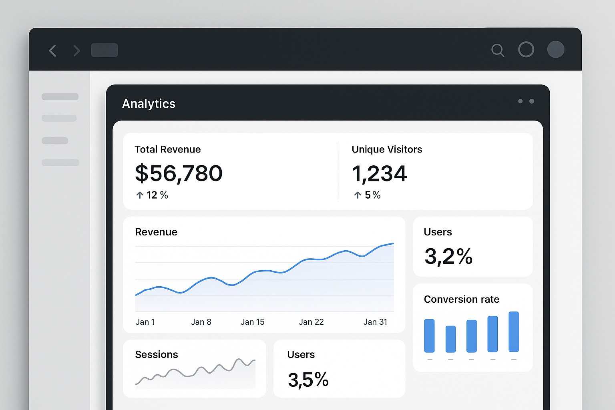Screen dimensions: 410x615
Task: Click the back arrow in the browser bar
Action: (x=52, y=51)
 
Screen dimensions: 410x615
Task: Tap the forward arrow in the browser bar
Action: (x=76, y=51)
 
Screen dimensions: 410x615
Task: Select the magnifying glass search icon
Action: (x=497, y=50)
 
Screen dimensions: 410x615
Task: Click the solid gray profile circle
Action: (x=556, y=50)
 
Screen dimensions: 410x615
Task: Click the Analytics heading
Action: (x=149, y=104)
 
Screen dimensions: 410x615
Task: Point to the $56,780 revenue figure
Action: (x=179, y=173)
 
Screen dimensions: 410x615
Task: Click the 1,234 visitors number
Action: (x=379, y=173)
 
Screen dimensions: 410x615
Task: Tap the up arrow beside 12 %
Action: (x=140, y=195)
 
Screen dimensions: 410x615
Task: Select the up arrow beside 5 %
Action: (x=358, y=195)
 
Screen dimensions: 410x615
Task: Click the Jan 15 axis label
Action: (x=252, y=322)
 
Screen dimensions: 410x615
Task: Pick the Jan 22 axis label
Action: (x=311, y=322)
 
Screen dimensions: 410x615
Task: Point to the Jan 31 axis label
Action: (x=375, y=322)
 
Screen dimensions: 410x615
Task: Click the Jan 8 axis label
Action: (x=201, y=322)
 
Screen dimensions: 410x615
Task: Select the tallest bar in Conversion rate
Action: (x=514, y=332)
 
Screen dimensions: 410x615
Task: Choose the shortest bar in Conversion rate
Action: (x=450, y=339)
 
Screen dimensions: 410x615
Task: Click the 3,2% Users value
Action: (x=448, y=256)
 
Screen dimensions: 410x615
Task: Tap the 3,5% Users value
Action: (x=308, y=380)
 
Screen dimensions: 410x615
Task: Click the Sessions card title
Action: (x=157, y=354)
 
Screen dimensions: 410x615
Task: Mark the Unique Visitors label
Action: (x=387, y=149)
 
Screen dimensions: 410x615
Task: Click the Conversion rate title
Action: (x=461, y=299)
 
